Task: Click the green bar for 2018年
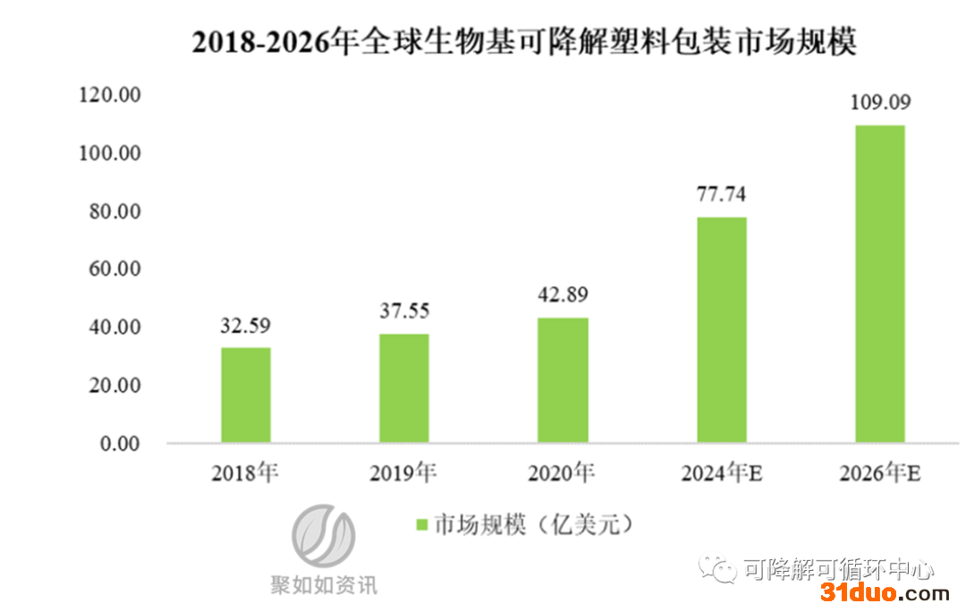coord(246,395)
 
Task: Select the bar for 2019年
coord(404,388)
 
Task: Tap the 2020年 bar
coord(563,380)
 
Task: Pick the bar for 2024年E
coord(721,329)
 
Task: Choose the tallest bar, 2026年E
coord(880,284)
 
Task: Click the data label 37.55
coord(404,311)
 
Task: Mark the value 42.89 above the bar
coord(563,295)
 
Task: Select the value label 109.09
coord(880,102)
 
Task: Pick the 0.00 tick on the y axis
coord(121,444)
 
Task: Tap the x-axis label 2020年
coord(562,472)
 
